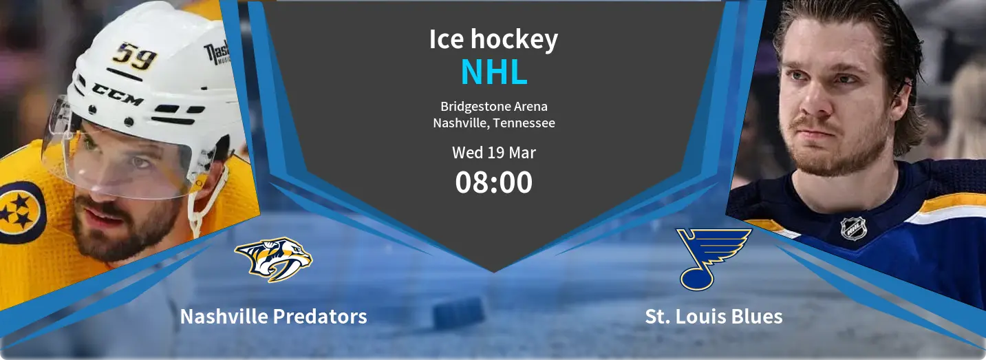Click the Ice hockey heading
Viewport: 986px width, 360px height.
(x=493, y=39)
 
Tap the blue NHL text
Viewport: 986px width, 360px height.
(x=493, y=73)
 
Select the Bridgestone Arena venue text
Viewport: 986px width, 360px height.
(x=493, y=107)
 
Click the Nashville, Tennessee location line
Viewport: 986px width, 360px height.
(x=493, y=123)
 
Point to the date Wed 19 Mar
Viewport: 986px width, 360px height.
(x=493, y=152)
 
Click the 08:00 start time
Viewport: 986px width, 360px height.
(x=493, y=182)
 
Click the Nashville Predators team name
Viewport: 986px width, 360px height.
(x=273, y=317)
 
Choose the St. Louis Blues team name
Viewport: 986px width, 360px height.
(x=714, y=317)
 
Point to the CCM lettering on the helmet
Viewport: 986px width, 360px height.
(x=117, y=94)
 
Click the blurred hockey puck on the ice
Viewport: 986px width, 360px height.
(x=459, y=313)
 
